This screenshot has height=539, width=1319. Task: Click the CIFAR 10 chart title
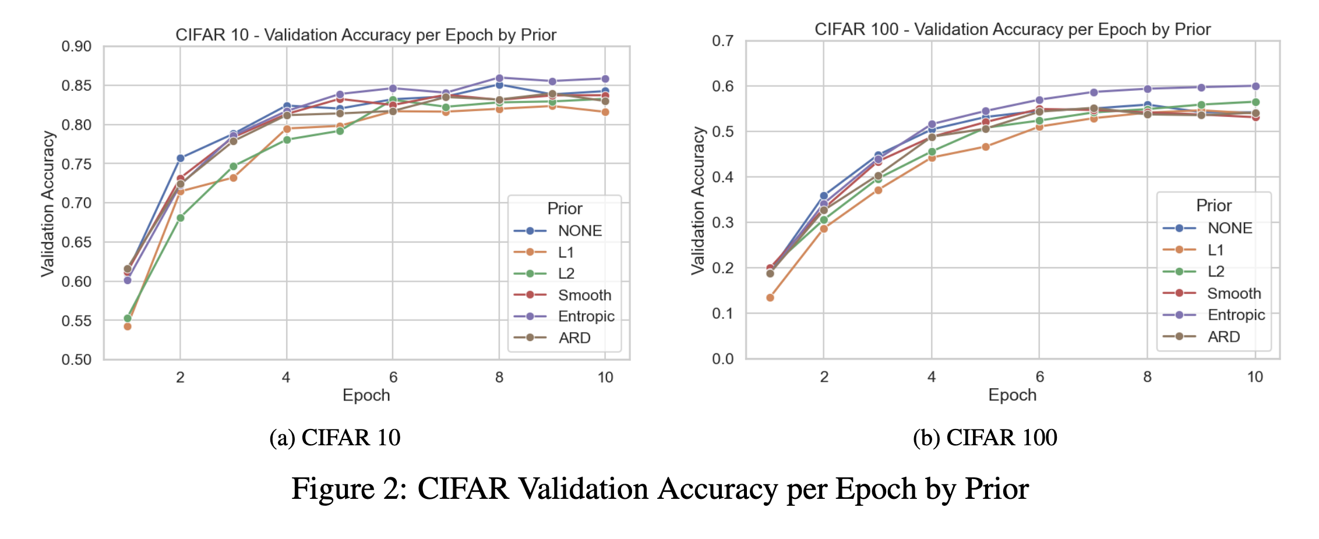pos(366,35)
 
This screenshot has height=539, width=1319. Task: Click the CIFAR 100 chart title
pos(1013,29)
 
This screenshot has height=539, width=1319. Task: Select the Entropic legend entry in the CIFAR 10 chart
pos(564,316)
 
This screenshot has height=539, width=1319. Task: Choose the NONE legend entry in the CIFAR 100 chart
pos(1207,228)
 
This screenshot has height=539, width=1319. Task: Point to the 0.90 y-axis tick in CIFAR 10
pos(76,47)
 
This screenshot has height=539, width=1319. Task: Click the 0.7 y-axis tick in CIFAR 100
pos(723,41)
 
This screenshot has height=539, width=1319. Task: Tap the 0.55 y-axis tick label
pos(76,321)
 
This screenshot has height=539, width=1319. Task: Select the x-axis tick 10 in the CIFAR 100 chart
pos(1255,377)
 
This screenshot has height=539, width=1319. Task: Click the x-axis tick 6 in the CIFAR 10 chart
pos(393,377)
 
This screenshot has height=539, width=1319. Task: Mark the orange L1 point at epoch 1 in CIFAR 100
pos(770,297)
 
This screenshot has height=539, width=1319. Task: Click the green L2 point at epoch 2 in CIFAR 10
pos(181,218)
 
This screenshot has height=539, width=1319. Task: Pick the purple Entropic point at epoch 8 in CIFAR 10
pos(499,78)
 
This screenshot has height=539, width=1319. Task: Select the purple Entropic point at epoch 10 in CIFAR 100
pos(1255,86)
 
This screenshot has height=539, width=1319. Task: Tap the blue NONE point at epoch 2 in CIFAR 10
pos(181,158)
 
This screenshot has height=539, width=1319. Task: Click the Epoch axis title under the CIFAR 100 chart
pos(1013,395)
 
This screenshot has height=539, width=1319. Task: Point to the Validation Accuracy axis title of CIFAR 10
pos(48,204)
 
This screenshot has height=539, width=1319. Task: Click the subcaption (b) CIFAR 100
pos(985,438)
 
